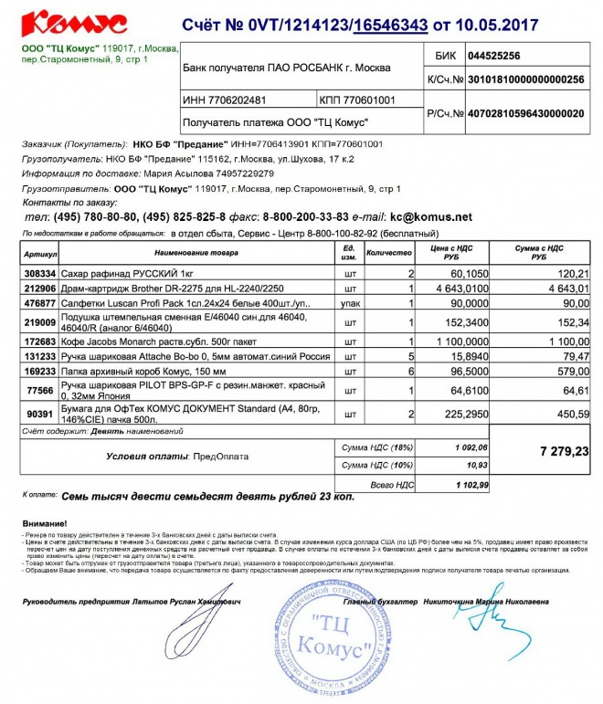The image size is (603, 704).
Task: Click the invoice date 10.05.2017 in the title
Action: tap(498, 24)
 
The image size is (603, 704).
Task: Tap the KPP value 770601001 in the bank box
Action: tap(370, 100)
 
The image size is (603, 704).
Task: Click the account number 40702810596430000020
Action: tap(524, 113)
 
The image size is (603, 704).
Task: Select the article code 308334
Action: tap(40, 273)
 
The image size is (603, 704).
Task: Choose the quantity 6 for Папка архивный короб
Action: tap(412, 373)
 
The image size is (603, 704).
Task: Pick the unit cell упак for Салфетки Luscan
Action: tap(348, 302)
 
